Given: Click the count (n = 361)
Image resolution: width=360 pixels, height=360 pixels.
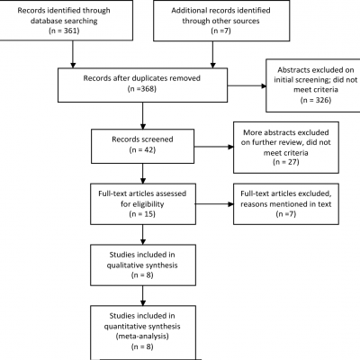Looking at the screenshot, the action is coord(64,31).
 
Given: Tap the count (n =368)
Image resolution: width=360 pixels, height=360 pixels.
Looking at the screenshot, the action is coord(142,89).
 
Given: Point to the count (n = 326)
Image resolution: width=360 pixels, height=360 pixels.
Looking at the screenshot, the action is coord(316,100).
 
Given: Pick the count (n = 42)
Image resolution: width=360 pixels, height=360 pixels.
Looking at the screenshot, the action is coord(142,149).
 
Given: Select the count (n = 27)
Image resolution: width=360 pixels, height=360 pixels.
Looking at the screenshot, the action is coord(286,162).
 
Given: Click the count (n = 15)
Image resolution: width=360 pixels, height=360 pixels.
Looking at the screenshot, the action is coord(142,214).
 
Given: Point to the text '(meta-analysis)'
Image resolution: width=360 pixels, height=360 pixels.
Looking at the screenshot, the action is coord(142,337).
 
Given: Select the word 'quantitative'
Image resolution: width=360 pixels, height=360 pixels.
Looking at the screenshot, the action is coord(123,327).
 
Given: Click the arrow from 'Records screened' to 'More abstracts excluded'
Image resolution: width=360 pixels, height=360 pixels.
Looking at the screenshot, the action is coord(213,147).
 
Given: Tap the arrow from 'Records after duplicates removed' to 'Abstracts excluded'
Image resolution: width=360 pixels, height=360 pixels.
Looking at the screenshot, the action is coord(247,86).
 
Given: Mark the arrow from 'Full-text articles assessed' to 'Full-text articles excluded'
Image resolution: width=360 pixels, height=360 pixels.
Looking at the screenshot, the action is coord(214,204).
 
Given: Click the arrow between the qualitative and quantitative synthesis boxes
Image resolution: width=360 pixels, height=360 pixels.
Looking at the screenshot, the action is coord(143,295).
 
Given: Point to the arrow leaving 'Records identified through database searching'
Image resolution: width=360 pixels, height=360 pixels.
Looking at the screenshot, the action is coord(73,54).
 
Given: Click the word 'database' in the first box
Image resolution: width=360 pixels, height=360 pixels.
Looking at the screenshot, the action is coord(45,21).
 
